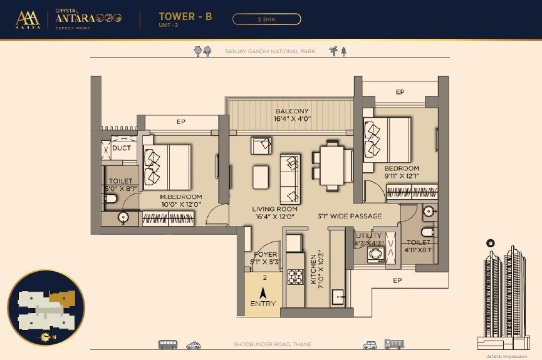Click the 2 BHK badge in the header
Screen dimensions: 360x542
pyautogui.click(x=266, y=19)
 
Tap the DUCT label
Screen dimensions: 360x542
pyautogui.click(x=121, y=148)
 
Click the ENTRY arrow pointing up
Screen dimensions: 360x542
pyautogui.click(x=263, y=291)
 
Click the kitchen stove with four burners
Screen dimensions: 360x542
pyautogui.click(x=295, y=275)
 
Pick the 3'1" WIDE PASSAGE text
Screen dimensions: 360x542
pyautogui.click(x=349, y=216)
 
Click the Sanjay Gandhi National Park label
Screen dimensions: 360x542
pyautogui.click(x=270, y=51)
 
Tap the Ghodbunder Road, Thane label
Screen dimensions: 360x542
pyautogui.click(x=272, y=344)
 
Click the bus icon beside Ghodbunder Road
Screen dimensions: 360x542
pyautogui.click(x=167, y=344)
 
